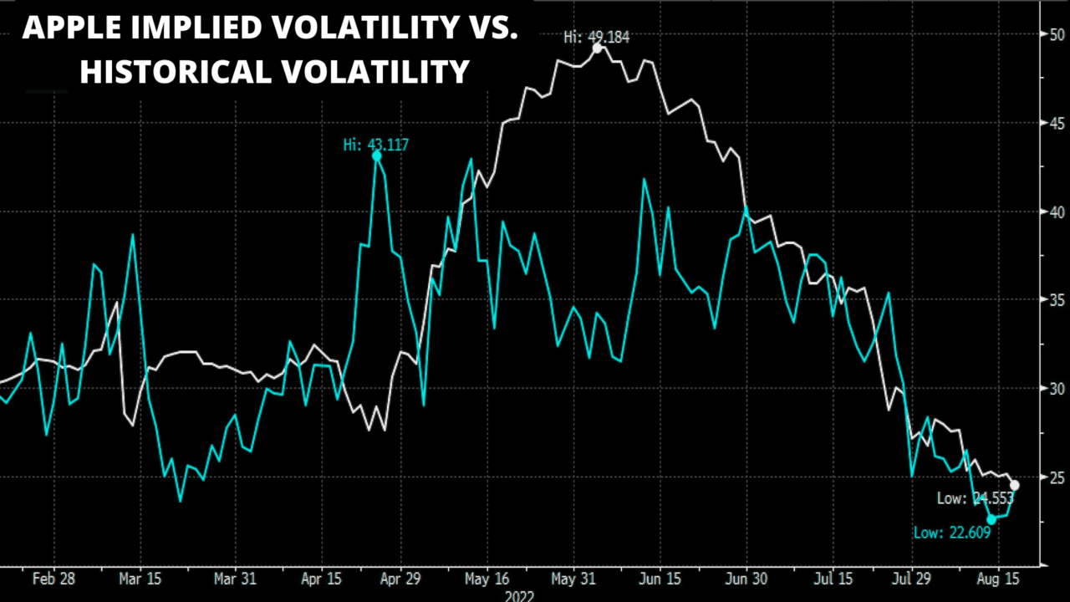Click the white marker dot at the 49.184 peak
pos(597,48)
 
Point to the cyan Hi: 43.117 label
pos(376,145)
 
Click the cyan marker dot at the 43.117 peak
pos(376,156)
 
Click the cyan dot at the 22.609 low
pos(991,519)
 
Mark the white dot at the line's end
pos(1015,485)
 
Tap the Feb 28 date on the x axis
pos(53,579)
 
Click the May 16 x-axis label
pos(487,579)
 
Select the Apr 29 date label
pos(400,579)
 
